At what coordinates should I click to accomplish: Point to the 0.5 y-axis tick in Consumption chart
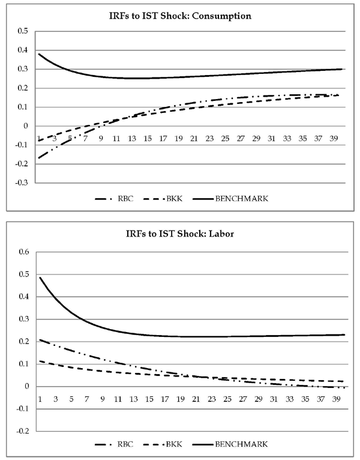click(23, 31)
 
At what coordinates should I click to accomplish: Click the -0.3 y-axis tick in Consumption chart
click(22, 183)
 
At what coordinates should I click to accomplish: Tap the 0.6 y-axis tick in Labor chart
click(23, 252)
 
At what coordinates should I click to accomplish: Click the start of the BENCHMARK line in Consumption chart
click(39, 54)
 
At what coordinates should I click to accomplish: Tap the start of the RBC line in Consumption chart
click(39, 158)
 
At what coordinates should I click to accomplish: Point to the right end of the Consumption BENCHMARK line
click(341, 69)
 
